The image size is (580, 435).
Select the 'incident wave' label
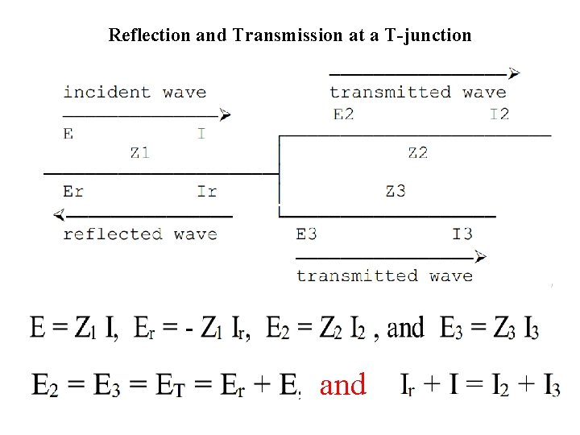click(x=135, y=92)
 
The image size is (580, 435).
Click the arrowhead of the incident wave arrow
click(x=226, y=115)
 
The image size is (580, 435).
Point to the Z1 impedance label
click(x=139, y=151)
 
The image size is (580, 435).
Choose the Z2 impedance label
click(x=417, y=151)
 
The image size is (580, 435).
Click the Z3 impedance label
click(x=395, y=191)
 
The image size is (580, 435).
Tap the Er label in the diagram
click(x=73, y=191)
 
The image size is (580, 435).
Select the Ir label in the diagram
click(x=207, y=191)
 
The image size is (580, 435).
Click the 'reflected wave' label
click(x=140, y=234)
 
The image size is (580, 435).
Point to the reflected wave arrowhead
click(x=59, y=215)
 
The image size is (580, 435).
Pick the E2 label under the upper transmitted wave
click(x=343, y=114)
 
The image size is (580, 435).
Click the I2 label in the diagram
click(x=499, y=114)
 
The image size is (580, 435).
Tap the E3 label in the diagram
click(x=306, y=234)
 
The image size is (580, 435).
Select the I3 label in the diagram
click(x=462, y=234)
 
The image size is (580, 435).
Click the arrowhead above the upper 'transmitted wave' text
click(x=514, y=72)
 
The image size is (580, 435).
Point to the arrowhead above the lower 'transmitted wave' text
click(x=481, y=257)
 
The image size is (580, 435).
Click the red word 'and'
click(x=342, y=385)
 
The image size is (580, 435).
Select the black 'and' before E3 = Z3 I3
click(x=405, y=328)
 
